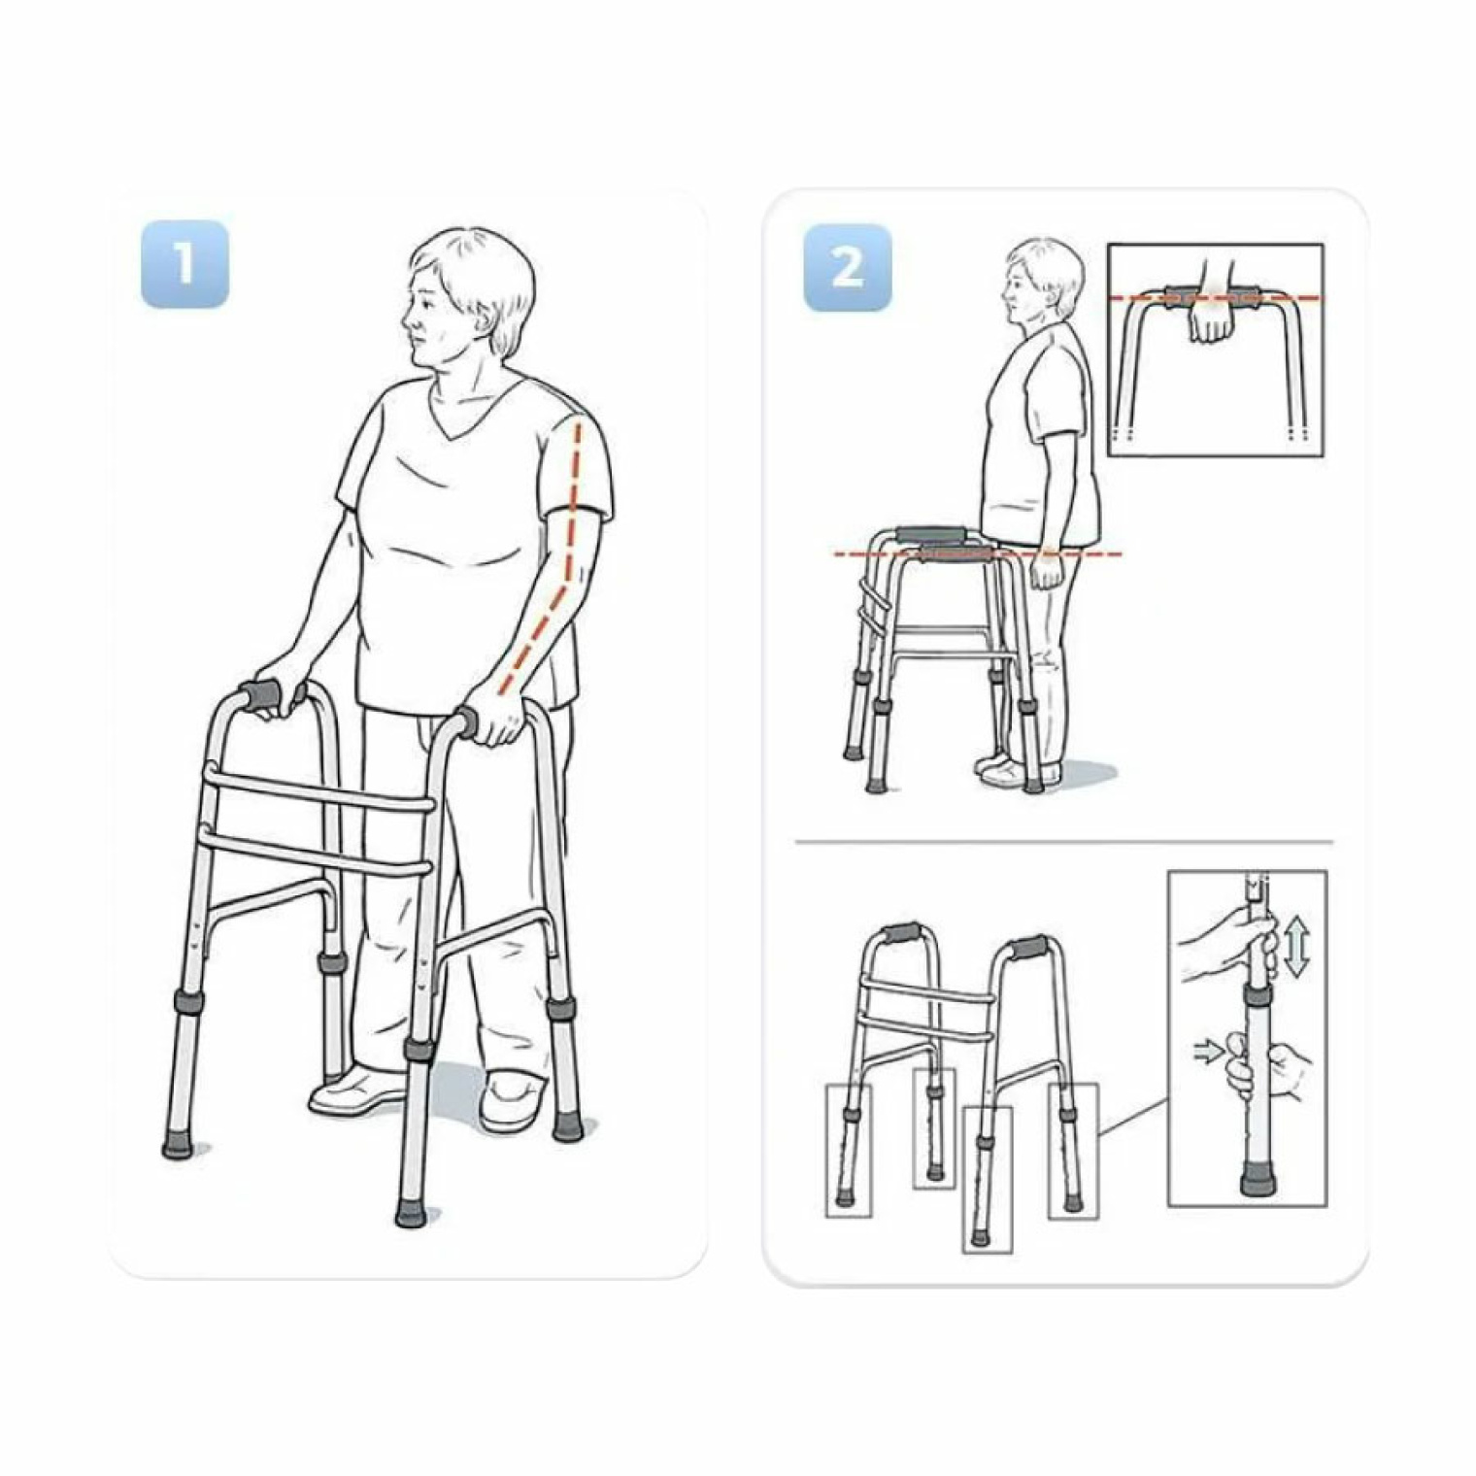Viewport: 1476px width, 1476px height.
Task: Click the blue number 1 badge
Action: [184, 264]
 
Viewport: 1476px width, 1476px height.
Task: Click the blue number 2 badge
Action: [847, 267]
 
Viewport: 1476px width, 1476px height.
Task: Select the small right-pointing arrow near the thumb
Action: [1207, 1051]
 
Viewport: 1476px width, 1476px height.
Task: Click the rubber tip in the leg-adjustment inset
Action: [1256, 1185]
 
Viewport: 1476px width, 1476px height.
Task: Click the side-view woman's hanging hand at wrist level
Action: [1047, 570]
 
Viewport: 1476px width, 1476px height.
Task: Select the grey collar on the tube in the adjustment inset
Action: [1258, 994]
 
